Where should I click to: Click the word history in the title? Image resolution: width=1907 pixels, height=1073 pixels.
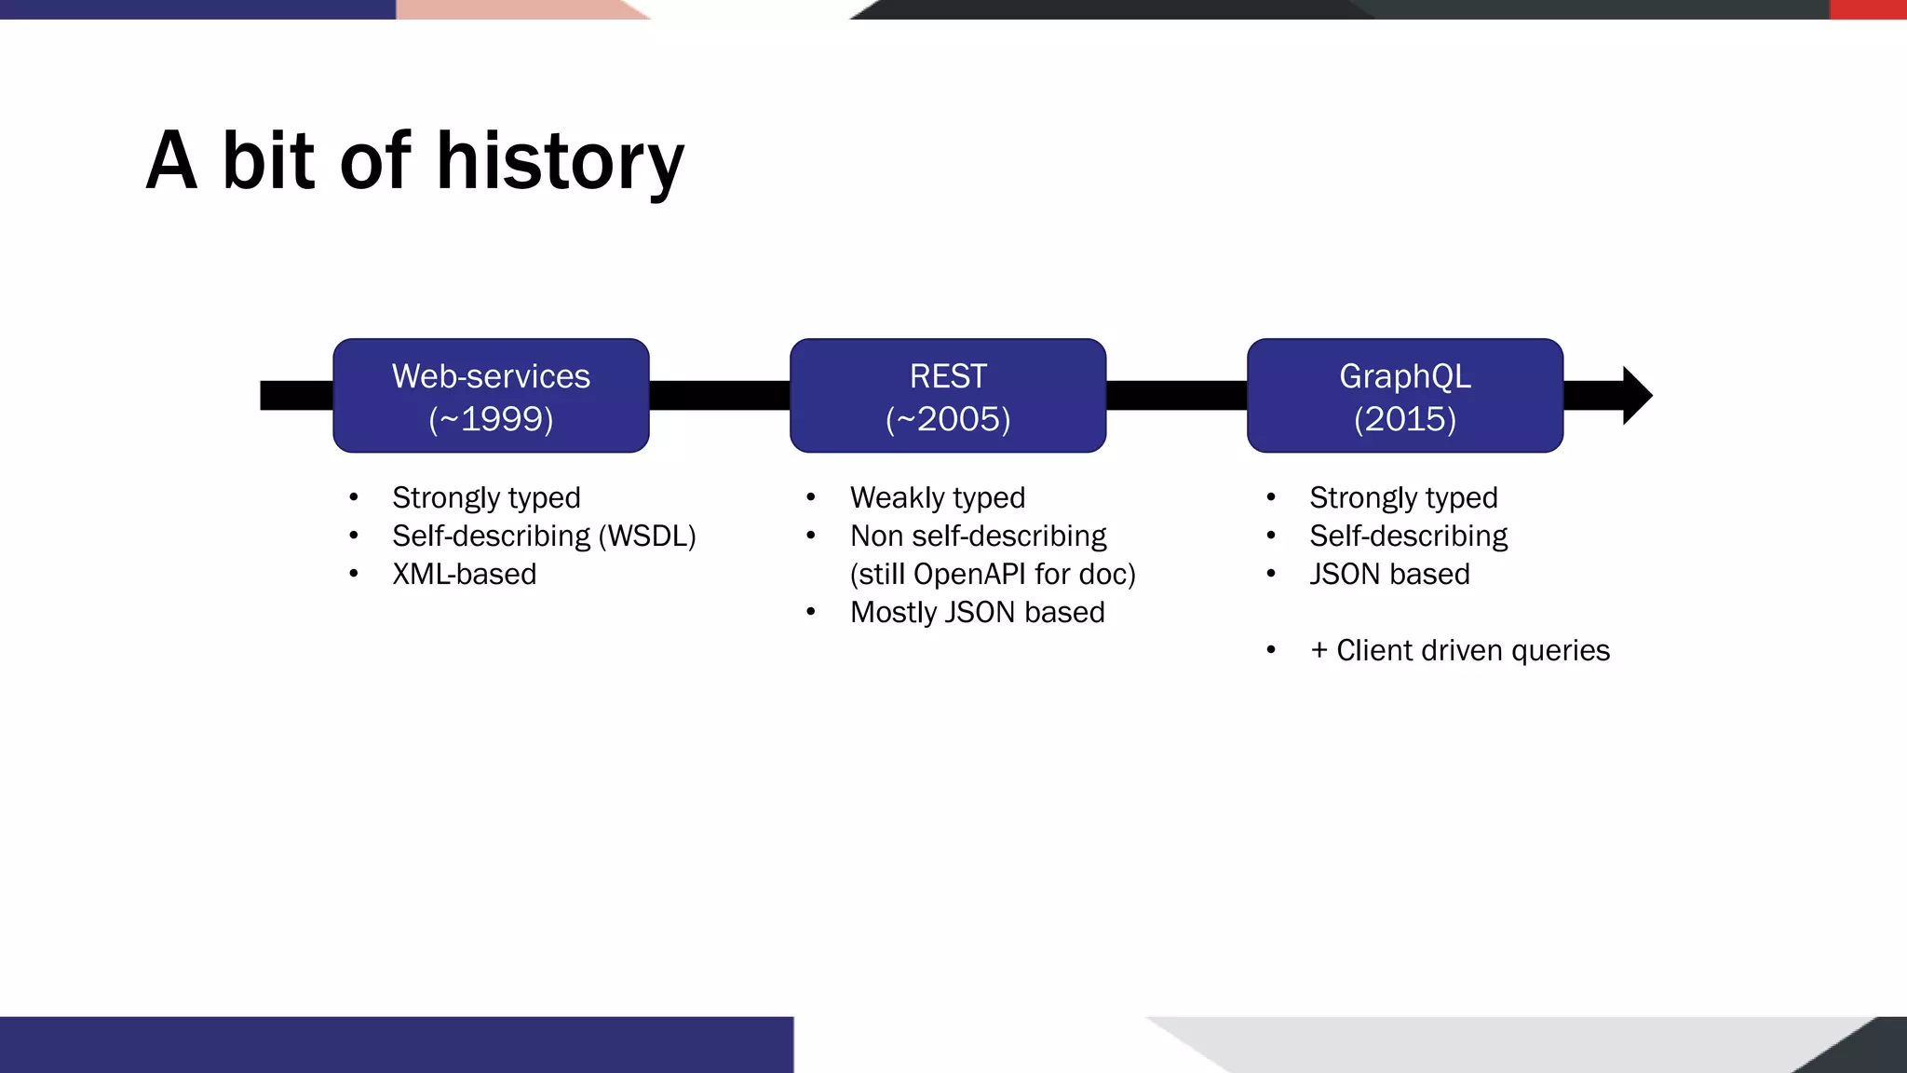pos(560,162)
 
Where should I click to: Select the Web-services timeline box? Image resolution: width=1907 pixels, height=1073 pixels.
pos(491,396)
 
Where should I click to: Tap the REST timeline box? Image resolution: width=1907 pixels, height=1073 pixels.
pos(948,396)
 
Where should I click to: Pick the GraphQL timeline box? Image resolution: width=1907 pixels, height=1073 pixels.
pos(1404,396)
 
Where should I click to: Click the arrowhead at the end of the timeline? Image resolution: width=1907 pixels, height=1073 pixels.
pos(1636,396)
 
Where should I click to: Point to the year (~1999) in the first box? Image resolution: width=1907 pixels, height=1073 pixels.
pos(491,419)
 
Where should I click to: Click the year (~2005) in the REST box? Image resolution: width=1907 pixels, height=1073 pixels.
pos(948,419)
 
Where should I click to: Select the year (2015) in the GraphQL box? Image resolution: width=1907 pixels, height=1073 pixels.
pos(1404,419)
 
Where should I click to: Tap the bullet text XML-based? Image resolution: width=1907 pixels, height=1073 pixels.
pos(464,575)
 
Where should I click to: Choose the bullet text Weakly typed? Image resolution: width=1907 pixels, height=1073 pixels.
pos(937,498)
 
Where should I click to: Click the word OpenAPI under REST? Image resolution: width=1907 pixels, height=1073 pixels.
pos(969,575)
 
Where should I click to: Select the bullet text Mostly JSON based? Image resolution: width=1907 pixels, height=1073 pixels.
pos(977,613)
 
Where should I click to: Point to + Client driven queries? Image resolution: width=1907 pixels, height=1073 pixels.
pos(1459,651)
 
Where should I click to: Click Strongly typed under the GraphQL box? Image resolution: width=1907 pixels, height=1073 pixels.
pos(1403,498)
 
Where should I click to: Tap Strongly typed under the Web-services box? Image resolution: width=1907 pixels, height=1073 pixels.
pos(486,498)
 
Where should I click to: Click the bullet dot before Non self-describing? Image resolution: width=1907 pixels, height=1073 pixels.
pos(811,536)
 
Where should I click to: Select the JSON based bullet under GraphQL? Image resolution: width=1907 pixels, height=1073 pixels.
pos(1389,575)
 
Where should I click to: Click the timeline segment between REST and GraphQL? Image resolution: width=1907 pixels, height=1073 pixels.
pos(1176,396)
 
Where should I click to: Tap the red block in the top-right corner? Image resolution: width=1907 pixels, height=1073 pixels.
pos(1868,9)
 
